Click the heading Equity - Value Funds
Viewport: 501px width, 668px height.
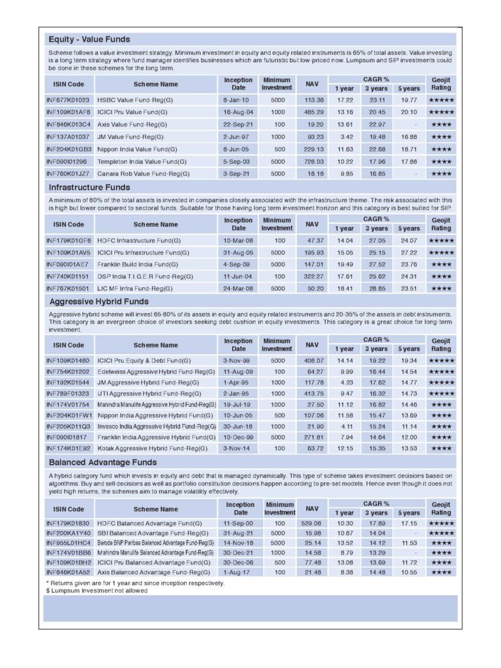coord(89,40)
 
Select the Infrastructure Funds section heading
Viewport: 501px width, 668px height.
coord(90,187)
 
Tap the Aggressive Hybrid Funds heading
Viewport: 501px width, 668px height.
coord(99,301)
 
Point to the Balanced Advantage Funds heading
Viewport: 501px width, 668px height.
coord(103,463)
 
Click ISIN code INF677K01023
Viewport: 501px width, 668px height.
coord(68,100)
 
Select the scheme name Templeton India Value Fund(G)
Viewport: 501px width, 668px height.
coord(139,162)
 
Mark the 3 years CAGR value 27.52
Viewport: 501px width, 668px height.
coord(376,264)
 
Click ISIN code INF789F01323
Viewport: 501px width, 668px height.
coord(68,393)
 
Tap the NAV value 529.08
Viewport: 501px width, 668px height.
coord(311,523)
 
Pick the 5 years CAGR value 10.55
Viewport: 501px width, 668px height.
coord(409,571)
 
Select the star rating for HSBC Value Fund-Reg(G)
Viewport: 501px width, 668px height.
coord(441,100)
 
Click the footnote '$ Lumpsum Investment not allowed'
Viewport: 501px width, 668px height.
coord(97,590)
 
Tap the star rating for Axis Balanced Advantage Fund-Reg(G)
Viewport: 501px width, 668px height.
coord(441,571)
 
